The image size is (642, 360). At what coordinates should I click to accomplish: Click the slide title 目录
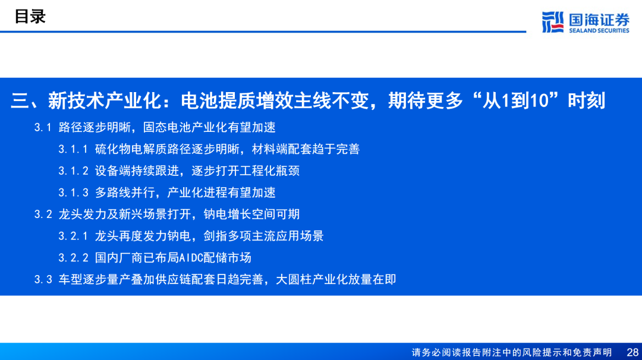(x=30, y=17)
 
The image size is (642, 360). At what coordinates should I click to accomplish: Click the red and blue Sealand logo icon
(x=553, y=22)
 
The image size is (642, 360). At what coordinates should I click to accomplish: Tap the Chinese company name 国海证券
(x=599, y=20)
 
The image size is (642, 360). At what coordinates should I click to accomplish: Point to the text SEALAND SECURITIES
(x=599, y=30)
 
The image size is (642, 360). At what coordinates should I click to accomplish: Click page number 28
(x=632, y=352)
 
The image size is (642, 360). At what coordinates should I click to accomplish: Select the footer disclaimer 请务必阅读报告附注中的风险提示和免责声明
(x=511, y=352)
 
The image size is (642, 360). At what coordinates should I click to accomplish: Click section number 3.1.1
(x=73, y=149)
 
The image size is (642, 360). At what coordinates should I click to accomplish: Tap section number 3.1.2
(x=73, y=171)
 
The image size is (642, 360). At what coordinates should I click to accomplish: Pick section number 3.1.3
(x=73, y=192)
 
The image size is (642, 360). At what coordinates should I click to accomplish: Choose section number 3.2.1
(x=73, y=236)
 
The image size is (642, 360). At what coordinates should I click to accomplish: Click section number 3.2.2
(x=73, y=258)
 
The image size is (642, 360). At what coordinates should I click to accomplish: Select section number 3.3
(x=43, y=279)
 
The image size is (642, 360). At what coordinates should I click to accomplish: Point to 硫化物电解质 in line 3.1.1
(x=131, y=149)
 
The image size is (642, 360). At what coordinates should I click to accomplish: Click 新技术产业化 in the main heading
(x=105, y=100)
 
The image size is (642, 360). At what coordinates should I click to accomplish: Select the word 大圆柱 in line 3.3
(x=294, y=279)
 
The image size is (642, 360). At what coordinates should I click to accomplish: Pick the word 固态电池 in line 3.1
(x=167, y=127)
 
